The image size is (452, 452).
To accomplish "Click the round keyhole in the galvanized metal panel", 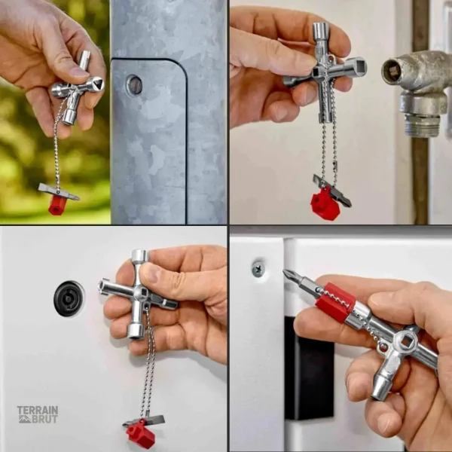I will (x=134, y=84).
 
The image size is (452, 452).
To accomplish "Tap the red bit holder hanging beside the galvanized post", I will (x=57, y=205).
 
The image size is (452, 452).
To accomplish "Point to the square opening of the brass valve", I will (x=392, y=72).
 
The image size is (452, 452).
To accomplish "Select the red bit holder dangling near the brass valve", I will (x=325, y=205).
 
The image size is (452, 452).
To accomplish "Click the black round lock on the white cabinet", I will (x=69, y=298).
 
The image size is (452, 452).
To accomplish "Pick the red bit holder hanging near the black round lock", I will (x=141, y=435).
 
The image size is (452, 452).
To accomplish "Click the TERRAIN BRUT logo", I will (x=38, y=414).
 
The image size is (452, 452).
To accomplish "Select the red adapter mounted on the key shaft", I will (x=335, y=301).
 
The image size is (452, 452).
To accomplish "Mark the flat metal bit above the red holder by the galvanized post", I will (x=59, y=191).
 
